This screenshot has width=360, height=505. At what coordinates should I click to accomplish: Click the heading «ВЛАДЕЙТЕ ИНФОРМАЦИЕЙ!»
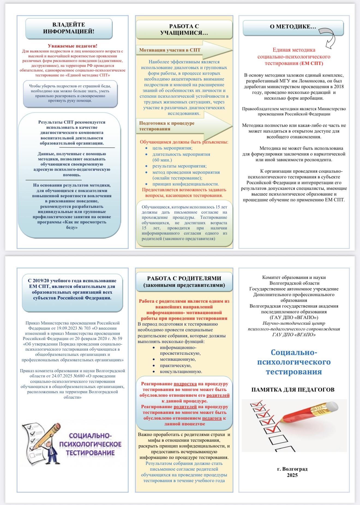pyautogui.click(x=69, y=28)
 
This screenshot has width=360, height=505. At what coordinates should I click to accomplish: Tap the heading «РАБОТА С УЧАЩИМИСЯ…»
pyautogui.click(x=184, y=30)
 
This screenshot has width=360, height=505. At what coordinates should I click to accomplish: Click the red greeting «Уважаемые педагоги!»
pyautogui.click(x=72, y=46)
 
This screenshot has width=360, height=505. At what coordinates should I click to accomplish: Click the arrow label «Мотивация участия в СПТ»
pyautogui.click(x=170, y=50)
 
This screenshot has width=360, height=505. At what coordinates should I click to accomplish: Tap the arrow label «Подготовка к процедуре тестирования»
pyautogui.click(x=167, y=126)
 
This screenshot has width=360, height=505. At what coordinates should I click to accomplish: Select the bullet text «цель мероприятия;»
pyautogui.click(x=172, y=148)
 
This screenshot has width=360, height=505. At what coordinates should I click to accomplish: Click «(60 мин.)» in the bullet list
pyautogui.click(x=162, y=160)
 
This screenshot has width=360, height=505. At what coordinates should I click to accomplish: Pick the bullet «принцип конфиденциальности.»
pyautogui.click(x=185, y=184)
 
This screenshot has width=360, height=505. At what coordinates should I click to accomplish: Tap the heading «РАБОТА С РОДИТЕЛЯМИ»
pyautogui.click(x=184, y=278)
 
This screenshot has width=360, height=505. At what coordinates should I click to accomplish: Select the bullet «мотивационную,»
pyautogui.click(x=178, y=359)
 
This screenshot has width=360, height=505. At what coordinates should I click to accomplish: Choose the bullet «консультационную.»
pyautogui.click(x=181, y=371)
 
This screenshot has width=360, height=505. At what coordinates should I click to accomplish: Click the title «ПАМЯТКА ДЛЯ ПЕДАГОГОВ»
pyautogui.click(x=293, y=390)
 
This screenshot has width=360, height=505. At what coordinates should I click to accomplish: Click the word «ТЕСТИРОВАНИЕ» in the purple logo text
pyautogui.click(x=90, y=453)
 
